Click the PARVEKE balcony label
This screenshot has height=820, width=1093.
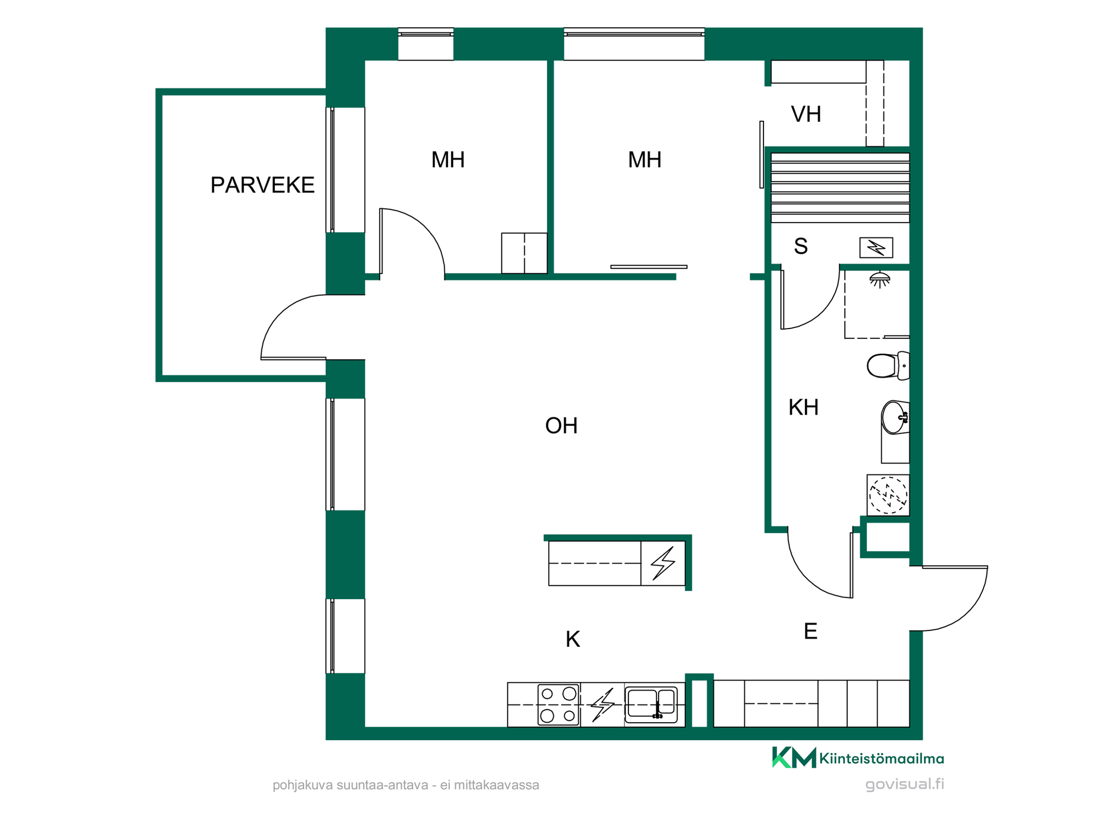[262, 185]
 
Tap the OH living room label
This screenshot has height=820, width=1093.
[561, 425]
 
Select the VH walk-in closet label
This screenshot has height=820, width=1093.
[806, 114]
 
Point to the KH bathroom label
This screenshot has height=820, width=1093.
[803, 407]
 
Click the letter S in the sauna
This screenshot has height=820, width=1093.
[801, 246]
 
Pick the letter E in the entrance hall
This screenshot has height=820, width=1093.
[811, 631]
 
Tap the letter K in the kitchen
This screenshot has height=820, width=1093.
[573, 639]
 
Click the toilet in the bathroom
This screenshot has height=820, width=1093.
[888, 366]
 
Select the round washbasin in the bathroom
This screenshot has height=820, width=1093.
[895, 417]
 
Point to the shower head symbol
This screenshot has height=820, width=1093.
[880, 279]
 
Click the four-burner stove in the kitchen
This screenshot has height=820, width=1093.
[558, 704]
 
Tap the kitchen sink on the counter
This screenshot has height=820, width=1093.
[651, 704]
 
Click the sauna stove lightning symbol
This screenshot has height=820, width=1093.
[876, 248]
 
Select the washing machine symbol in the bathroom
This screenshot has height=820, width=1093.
[888, 495]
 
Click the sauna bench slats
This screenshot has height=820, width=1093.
[840, 187]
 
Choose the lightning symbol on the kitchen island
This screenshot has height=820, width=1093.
[663, 563]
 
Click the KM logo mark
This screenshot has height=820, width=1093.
[794, 757]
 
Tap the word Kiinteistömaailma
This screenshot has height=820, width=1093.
[882, 758]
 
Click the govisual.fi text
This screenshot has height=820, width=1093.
[905, 784]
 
